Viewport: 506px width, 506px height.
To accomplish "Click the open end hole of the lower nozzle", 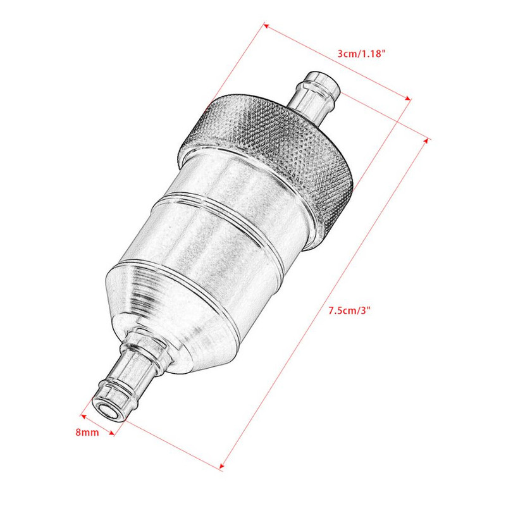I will (104, 409).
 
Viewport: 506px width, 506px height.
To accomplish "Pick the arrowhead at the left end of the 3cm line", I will (266, 26).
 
